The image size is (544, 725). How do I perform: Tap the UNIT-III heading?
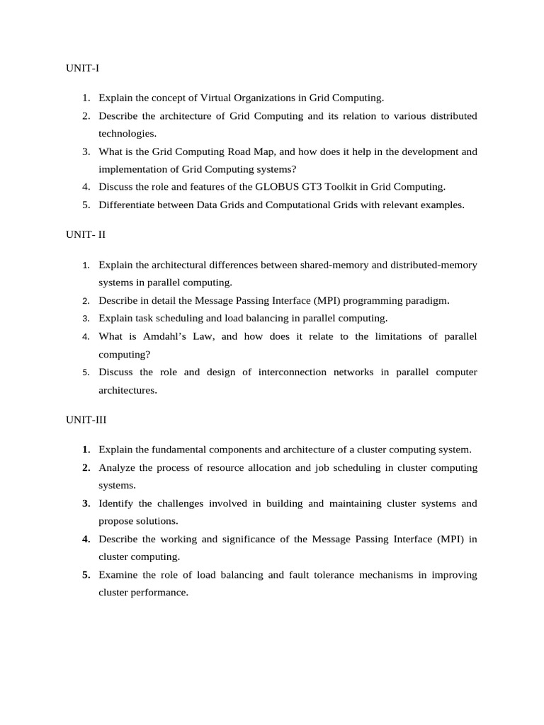[x=86, y=420]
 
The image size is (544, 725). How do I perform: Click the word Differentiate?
[x=130, y=205]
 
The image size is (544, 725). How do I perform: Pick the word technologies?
[x=127, y=133]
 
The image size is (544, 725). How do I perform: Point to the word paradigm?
[x=425, y=300]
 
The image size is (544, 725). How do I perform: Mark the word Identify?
[x=116, y=503]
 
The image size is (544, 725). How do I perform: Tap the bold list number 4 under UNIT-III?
[x=86, y=540]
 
